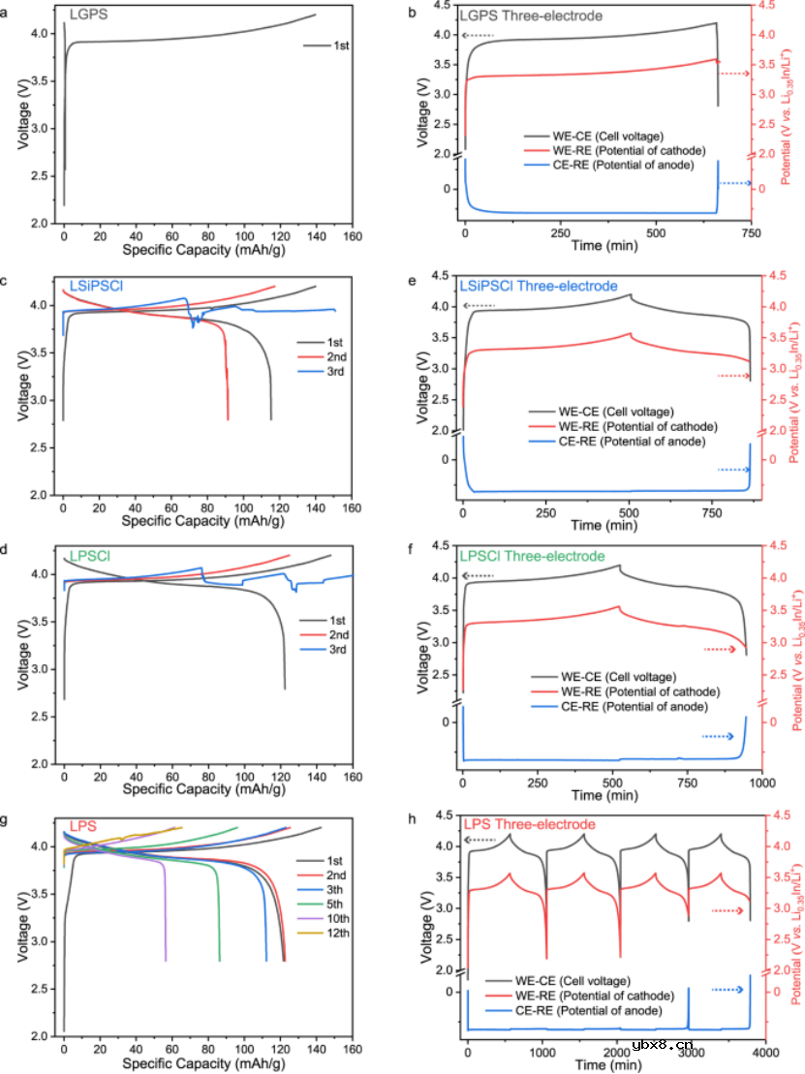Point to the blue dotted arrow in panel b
coord(737,183)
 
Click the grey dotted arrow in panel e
coord(479,307)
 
